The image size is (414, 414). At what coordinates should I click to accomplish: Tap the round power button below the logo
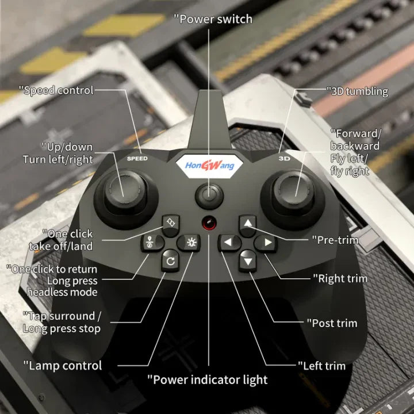point(209,195)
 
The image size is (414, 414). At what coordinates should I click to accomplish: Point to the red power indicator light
point(209,223)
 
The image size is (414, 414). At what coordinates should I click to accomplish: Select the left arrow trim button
point(228,242)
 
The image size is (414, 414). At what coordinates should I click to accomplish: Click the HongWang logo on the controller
point(209,166)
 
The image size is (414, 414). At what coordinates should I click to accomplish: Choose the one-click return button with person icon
point(150,243)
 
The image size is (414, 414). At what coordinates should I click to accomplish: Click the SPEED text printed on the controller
point(137,158)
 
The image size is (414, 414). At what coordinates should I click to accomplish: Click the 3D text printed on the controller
point(284,158)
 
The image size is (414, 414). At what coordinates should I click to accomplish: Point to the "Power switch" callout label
point(213,19)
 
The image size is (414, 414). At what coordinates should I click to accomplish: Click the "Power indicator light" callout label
point(208,379)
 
